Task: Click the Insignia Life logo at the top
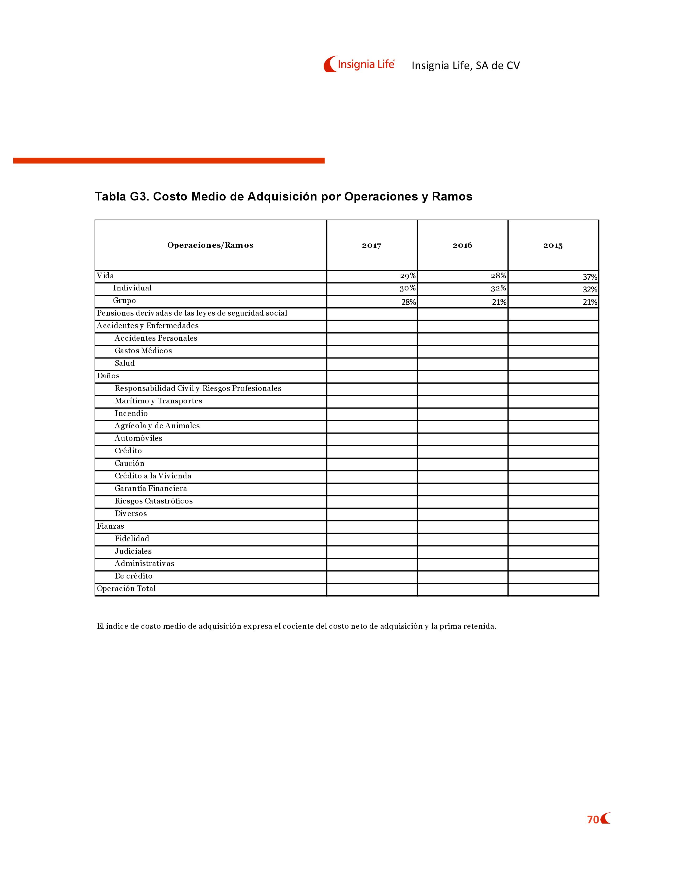pyautogui.click(x=359, y=64)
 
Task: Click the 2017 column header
pyautogui.click(x=371, y=245)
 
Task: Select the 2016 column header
pyautogui.click(x=462, y=245)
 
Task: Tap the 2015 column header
pyautogui.click(x=553, y=245)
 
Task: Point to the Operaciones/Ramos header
pyautogui.click(x=210, y=245)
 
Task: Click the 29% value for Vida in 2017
pyautogui.click(x=408, y=276)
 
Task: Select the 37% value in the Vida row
pyautogui.click(x=590, y=277)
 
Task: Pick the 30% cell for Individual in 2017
pyautogui.click(x=408, y=288)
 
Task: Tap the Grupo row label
pyautogui.click(x=124, y=301)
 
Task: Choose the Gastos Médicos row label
pyautogui.click(x=143, y=351)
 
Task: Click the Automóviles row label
pyautogui.click(x=138, y=438)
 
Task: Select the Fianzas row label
pyautogui.click(x=111, y=526)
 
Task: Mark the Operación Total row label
pyautogui.click(x=126, y=589)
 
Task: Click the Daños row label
pyautogui.click(x=108, y=376)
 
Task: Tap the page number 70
pyautogui.click(x=593, y=820)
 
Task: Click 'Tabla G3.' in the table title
pyautogui.click(x=122, y=196)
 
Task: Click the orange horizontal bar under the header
pyautogui.click(x=169, y=160)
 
